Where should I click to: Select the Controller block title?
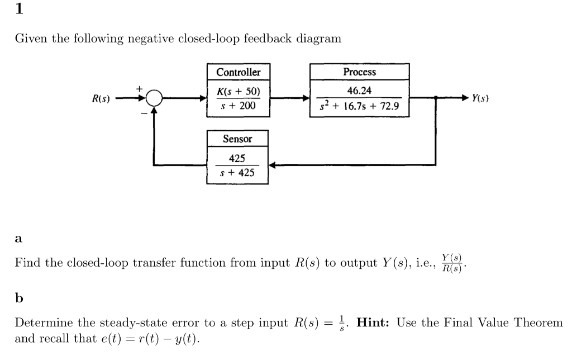click(x=238, y=72)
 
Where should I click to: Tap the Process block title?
click(x=359, y=72)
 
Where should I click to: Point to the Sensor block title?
click(x=237, y=139)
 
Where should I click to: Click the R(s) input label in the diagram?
click(x=101, y=99)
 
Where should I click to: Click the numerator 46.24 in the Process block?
click(x=359, y=91)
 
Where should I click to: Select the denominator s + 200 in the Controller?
click(x=239, y=106)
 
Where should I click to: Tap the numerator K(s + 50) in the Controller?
click(x=238, y=91)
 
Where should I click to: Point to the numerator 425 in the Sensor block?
click(x=237, y=158)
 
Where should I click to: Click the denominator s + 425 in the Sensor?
click(x=238, y=173)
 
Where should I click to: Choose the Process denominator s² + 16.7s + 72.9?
click(x=359, y=106)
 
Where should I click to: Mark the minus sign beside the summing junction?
click(x=143, y=112)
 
